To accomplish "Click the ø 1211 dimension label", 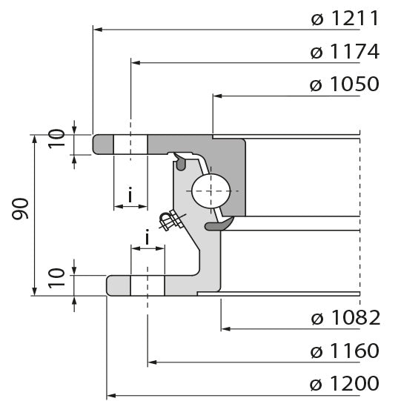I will tap(345, 18).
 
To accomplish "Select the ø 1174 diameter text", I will tap(345, 52).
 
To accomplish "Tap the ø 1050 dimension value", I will tap(345, 84).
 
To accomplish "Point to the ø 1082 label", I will tap(345, 318).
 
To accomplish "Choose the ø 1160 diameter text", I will tap(345, 351).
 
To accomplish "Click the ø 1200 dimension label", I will tap(345, 384).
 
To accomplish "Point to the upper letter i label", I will tap(130, 196).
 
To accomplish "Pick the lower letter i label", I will tap(148, 237).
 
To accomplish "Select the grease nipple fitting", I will tap(170, 220).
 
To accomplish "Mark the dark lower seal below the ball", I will tap(219, 224).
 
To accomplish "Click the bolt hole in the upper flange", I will tap(130, 145).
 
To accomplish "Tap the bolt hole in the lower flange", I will tap(148, 285).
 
